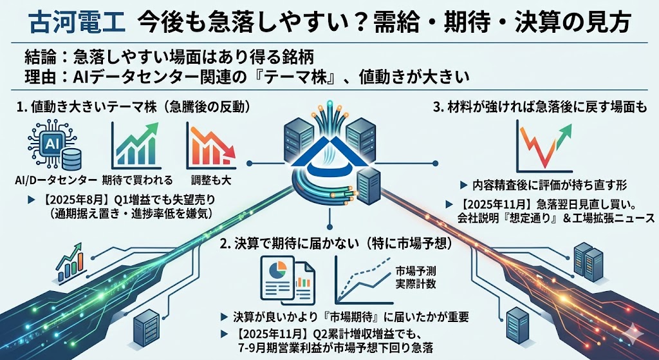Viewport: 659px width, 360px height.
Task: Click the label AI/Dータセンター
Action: [x=57, y=178]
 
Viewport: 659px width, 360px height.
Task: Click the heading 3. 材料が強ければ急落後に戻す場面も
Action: [x=543, y=107]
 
